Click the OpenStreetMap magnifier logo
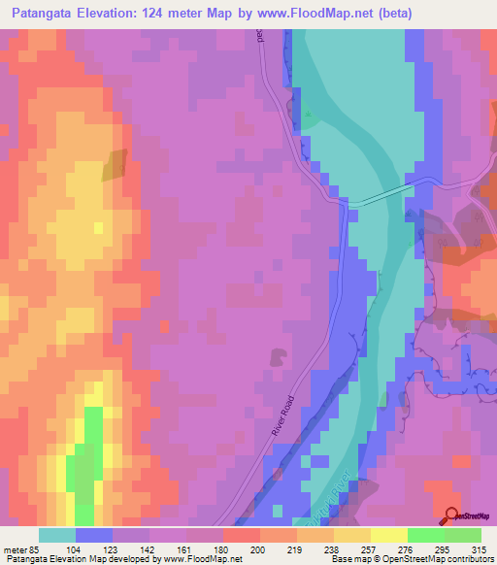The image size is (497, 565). tap(452, 516)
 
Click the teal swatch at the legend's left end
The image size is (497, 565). tap(57, 535)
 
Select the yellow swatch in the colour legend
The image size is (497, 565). tap(388, 535)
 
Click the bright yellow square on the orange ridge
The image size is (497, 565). tap(98, 227)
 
